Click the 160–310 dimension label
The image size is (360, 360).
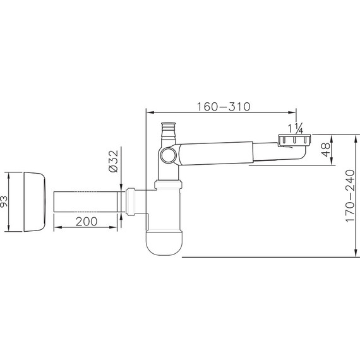tap(224, 107)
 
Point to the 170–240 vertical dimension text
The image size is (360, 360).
tap(350, 196)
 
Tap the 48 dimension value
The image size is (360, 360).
tap(326, 150)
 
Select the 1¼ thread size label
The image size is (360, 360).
tap(296, 129)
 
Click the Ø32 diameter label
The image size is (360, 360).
tap(113, 161)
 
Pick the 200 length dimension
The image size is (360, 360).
tap(87, 222)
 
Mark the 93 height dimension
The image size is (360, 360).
tap(3, 201)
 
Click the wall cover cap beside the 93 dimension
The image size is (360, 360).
tap(35, 202)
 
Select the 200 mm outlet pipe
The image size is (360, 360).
tap(85, 201)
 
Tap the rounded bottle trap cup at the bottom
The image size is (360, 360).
tap(164, 243)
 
